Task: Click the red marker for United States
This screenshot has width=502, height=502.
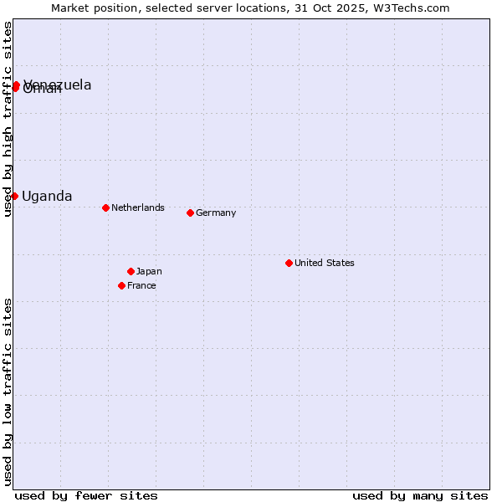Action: coord(289,263)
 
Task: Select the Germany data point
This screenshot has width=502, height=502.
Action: coord(190,213)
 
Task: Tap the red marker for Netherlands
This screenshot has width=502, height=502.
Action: coord(105,207)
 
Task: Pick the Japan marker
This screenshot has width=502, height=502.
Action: coord(131,271)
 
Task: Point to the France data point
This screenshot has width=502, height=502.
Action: coord(121,285)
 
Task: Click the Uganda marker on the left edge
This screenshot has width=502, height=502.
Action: coord(14,196)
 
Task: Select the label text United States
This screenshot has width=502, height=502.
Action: coord(325,263)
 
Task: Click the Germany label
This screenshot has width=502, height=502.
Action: coord(216,213)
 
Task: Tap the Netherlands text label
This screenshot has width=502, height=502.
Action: coord(138,207)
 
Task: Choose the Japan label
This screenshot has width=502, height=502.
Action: coord(149,271)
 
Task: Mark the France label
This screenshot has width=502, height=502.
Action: coord(141,285)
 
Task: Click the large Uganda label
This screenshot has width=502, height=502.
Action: coord(47,196)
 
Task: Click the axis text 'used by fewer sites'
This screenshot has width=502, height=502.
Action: coord(86,495)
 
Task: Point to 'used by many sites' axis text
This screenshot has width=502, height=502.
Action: coord(420,495)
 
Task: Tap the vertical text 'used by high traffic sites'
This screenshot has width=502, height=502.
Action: coord(8,119)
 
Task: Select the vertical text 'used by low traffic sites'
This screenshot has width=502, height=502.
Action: coord(8,391)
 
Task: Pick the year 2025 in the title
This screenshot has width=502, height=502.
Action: coord(345,8)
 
